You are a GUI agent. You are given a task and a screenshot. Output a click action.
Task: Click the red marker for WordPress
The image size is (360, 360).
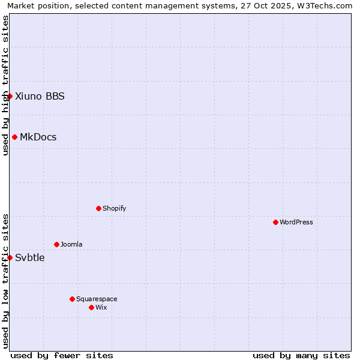point(275,222)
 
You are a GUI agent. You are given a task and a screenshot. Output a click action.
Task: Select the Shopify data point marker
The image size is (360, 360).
point(98,208)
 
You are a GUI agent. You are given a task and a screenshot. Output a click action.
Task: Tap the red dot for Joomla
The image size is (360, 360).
point(56,244)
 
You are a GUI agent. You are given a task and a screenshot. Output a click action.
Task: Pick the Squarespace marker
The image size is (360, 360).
point(72,299)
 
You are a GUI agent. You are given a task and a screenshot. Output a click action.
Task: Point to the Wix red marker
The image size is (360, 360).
point(91,307)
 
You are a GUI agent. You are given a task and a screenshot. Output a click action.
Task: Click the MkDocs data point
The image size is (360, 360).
point(14,137)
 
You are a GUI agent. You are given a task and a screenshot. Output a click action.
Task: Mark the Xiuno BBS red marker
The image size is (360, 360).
point(10,96)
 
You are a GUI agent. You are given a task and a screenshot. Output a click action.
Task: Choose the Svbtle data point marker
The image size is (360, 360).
point(10,257)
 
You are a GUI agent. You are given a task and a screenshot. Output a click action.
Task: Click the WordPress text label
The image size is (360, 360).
point(296,222)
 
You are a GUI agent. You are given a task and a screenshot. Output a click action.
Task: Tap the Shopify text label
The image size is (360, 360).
point(114,208)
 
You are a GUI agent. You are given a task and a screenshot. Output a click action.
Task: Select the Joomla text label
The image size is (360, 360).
point(71,244)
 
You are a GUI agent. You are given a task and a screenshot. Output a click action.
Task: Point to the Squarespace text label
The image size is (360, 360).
point(97,299)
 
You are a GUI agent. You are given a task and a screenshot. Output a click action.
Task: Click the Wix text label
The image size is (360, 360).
point(101,307)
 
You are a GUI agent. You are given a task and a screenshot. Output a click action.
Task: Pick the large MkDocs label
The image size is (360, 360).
point(38,137)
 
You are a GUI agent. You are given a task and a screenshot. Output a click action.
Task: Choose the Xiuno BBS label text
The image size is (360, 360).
point(40,96)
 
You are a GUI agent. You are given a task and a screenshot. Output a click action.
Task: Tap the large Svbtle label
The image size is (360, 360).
point(30,257)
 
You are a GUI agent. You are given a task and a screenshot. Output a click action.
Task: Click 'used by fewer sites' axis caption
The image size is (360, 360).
point(62,355)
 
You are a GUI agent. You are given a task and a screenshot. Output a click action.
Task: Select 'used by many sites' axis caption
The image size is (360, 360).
point(301,355)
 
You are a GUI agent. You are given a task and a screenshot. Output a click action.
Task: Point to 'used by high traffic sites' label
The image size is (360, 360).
point(5,85)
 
